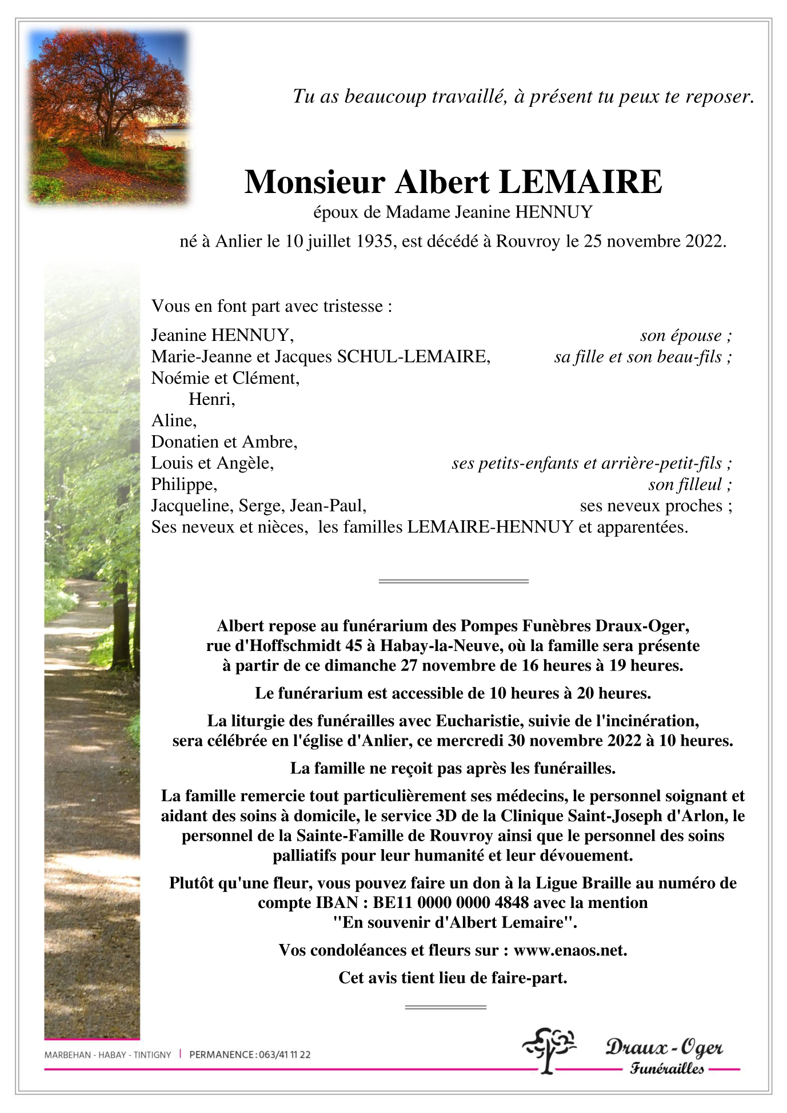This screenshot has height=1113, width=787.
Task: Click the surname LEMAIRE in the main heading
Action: pos(580,182)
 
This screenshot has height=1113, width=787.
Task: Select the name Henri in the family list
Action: pos(211,399)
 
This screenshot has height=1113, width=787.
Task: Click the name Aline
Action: pos(173,420)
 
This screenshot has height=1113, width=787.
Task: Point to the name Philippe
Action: pos(183,484)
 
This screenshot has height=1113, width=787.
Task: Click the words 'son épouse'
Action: pos(681,335)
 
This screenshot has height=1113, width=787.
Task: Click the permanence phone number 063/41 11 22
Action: pos(284,1055)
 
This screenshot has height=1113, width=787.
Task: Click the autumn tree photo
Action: pos(109,117)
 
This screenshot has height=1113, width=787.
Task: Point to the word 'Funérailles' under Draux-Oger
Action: pos(667,1068)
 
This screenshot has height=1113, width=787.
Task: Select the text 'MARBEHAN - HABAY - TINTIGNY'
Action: pos(107,1055)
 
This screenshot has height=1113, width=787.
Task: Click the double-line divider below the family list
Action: pos(453,581)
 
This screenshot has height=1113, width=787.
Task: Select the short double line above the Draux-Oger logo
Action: pos(445,1007)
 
